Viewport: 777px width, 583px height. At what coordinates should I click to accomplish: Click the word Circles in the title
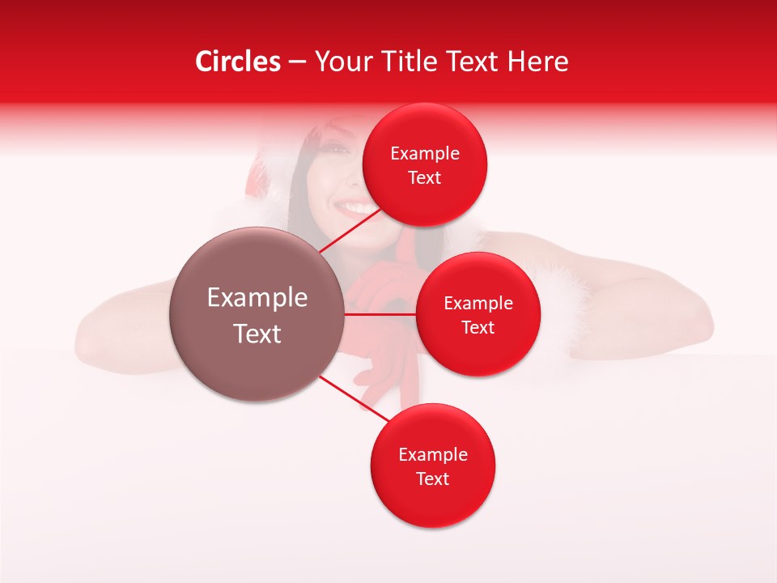[237, 62]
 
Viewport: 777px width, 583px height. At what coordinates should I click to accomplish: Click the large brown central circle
[257, 314]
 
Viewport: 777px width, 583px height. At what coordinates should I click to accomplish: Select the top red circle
[425, 164]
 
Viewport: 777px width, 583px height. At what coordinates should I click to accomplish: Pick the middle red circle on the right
[478, 314]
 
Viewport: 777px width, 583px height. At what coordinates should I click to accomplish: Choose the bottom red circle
[432, 466]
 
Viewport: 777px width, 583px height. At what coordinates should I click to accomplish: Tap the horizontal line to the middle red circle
[380, 314]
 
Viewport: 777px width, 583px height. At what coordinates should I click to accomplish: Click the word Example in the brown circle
[257, 298]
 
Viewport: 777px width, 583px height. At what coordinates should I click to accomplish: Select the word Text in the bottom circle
[432, 479]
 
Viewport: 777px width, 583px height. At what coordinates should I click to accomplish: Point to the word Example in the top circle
[425, 153]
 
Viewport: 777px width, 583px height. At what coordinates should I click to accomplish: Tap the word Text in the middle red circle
[478, 327]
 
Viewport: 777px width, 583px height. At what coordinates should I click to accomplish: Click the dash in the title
[297, 62]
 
